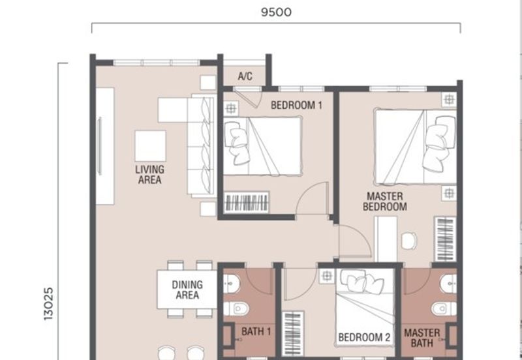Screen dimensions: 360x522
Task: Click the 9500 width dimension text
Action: click(x=276, y=12)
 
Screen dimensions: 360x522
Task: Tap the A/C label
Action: click(x=245, y=76)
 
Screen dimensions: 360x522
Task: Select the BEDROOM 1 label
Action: click(x=297, y=104)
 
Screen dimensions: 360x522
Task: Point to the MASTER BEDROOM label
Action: click(x=385, y=202)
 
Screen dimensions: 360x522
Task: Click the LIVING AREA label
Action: click(x=149, y=175)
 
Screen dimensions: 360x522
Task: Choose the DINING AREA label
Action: click(x=187, y=290)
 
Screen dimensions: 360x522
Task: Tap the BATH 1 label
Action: click(x=256, y=332)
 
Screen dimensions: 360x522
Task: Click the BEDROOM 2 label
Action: click(x=364, y=338)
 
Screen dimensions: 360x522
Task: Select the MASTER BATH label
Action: click(x=422, y=337)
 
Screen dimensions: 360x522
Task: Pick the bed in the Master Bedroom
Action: click(x=415, y=147)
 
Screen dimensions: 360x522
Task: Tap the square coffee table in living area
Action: click(x=150, y=146)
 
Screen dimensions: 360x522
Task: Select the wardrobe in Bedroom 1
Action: click(x=247, y=202)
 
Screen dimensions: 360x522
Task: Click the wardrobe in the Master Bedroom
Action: click(x=445, y=239)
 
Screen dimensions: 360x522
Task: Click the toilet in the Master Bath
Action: click(x=446, y=308)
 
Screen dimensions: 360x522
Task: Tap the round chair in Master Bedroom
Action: click(x=409, y=241)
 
